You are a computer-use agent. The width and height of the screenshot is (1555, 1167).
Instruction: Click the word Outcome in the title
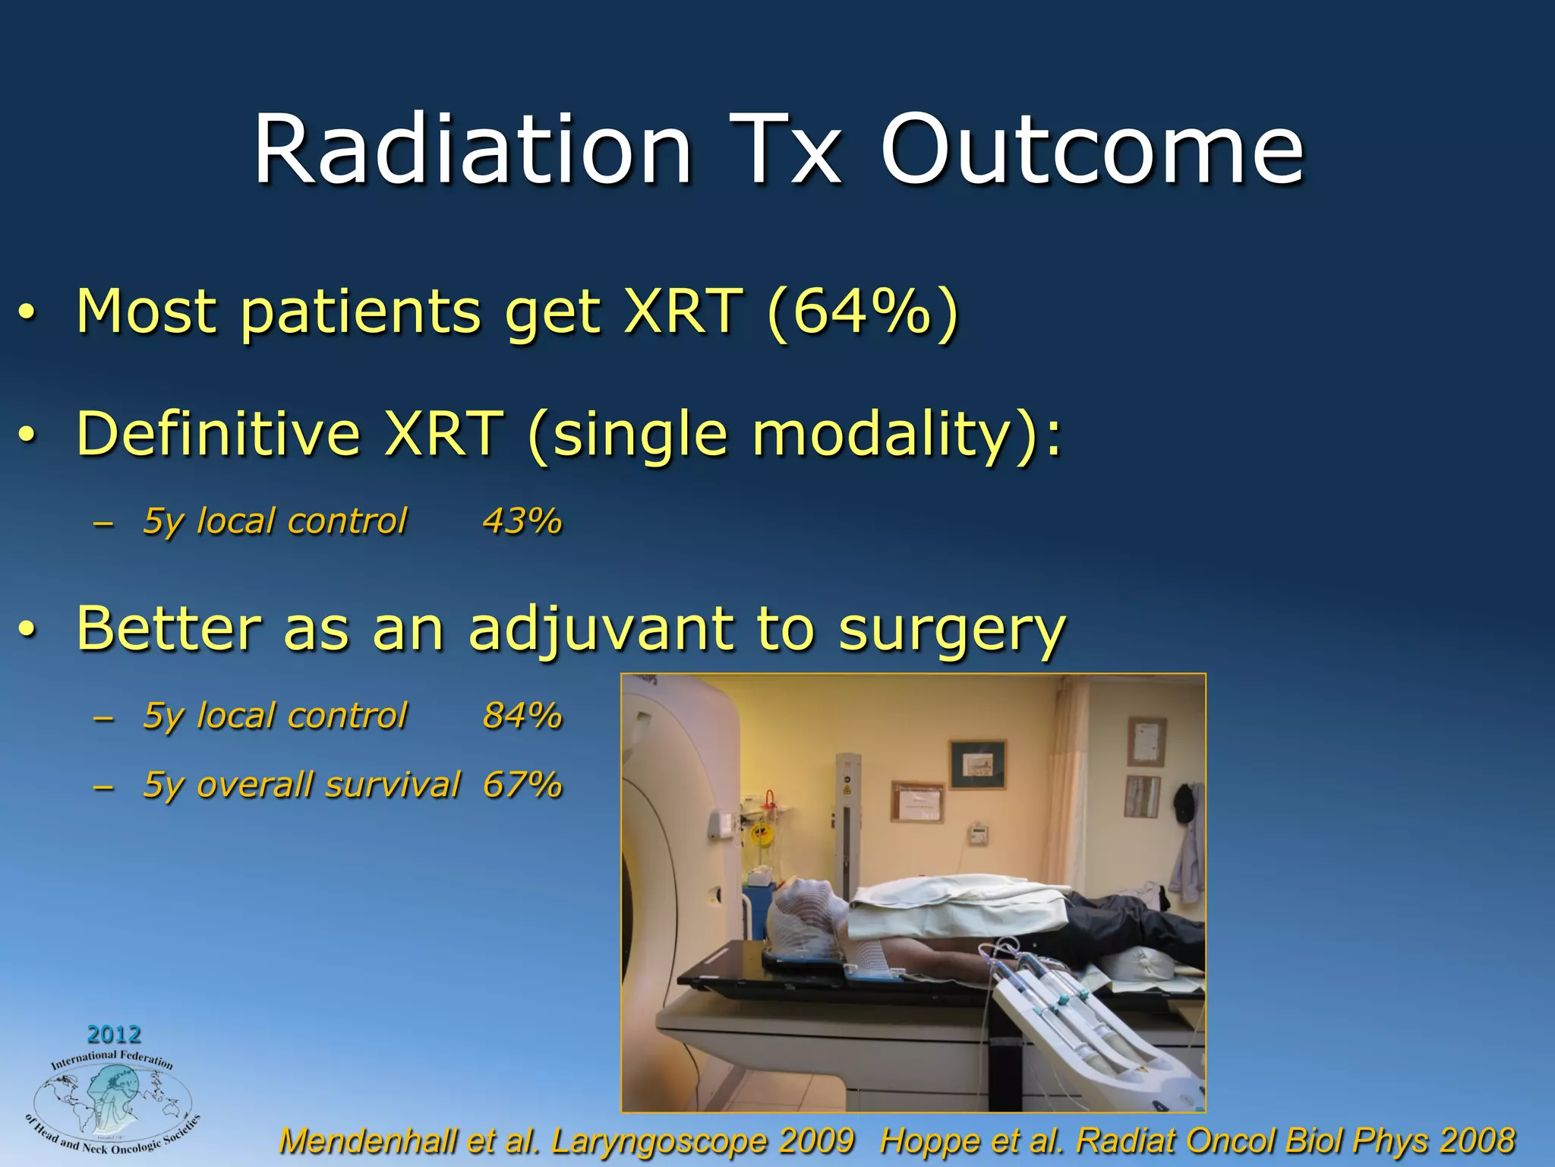pos(1092,150)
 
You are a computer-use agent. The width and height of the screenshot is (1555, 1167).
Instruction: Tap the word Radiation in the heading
pos(472,150)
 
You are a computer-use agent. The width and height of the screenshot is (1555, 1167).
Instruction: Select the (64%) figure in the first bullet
pos(863,312)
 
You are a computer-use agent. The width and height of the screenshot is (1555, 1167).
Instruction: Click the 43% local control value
pos(522,522)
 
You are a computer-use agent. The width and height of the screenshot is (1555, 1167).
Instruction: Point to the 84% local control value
pos(522,716)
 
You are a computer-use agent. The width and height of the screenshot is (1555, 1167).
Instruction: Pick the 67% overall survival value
pos(522,785)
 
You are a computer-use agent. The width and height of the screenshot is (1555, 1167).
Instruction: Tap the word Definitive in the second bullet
pos(218,434)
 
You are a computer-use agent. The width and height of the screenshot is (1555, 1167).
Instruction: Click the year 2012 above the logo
pos(114,1035)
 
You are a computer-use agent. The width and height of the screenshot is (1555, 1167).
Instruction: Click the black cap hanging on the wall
pos(1184,804)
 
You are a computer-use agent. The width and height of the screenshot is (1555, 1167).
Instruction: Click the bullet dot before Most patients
pos(27,315)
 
